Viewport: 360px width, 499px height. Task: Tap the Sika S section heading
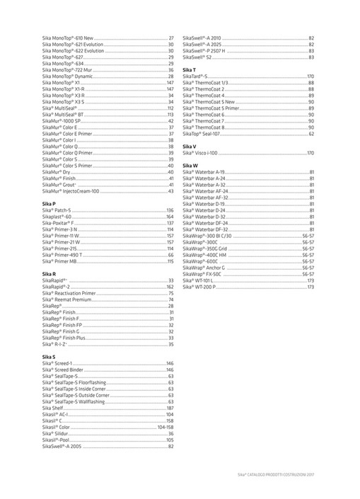pyautogui.click(x=48, y=357)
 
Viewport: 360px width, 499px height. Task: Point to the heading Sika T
pyautogui.click(x=189, y=70)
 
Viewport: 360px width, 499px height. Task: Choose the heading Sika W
pyautogui.click(x=190, y=165)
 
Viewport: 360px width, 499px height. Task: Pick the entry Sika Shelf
pyautogui.click(x=54, y=408)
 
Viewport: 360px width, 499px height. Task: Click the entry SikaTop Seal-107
pyautogui.click(x=206, y=133)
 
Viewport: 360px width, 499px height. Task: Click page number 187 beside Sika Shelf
pyautogui.click(x=170, y=408)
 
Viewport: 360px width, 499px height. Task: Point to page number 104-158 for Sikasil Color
pyautogui.click(x=166, y=428)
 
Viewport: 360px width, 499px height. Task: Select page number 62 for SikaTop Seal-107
pyautogui.click(x=311, y=133)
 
